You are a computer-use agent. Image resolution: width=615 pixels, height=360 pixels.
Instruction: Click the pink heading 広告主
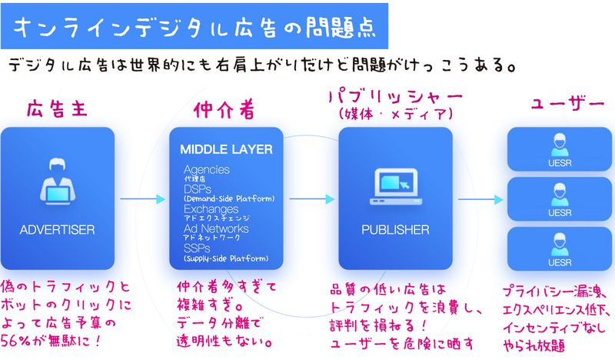55,108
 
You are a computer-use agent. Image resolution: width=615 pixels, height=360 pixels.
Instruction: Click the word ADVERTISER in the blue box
57,229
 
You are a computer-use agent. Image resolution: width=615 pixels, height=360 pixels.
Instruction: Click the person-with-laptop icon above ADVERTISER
57,183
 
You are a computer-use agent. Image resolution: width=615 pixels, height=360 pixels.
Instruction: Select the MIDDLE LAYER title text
226,149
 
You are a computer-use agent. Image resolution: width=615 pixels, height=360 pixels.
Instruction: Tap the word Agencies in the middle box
207,168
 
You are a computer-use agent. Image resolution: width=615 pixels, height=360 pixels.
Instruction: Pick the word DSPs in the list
196,188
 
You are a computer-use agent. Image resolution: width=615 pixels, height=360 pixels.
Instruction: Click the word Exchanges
211,209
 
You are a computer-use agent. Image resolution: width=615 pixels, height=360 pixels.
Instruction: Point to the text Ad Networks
215,228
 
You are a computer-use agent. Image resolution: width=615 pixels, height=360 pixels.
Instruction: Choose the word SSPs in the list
196,248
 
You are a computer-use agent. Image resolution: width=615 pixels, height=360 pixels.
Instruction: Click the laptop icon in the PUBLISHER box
395,183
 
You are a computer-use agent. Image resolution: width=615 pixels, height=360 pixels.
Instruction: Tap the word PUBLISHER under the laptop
395,229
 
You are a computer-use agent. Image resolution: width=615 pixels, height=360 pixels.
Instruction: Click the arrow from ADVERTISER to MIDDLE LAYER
143,199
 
